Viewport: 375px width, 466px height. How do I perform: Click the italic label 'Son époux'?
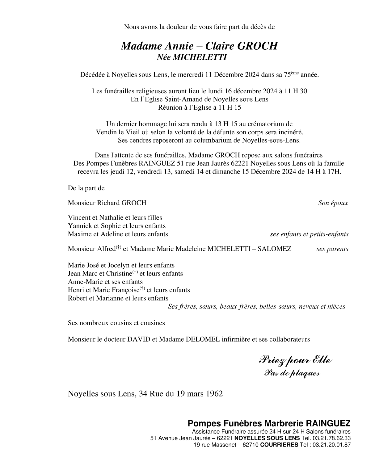click(333, 203)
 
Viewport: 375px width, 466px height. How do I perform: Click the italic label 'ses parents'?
click(332, 249)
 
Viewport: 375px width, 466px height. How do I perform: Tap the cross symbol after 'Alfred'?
click(118, 247)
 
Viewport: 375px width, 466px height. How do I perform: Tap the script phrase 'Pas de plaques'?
click(292, 373)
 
